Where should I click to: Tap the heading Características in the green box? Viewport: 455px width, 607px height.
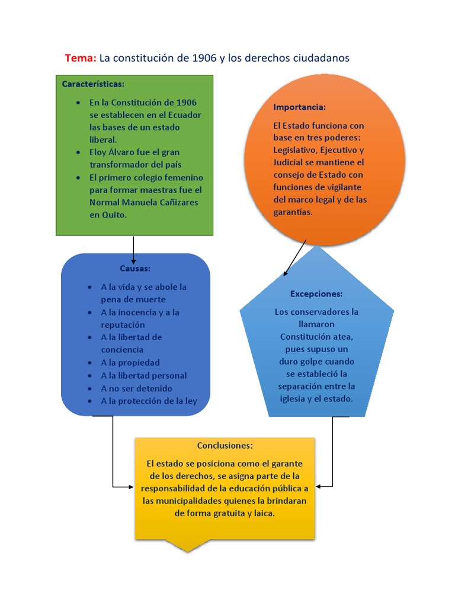[93, 84]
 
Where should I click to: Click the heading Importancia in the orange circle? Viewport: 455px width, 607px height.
[299, 107]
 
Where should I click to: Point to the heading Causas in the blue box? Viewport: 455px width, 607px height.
[135, 269]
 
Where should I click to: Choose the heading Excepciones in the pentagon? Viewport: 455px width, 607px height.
[316, 294]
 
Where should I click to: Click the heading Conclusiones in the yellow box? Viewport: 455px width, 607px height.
[225, 446]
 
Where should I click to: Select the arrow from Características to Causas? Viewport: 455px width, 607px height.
[134, 249]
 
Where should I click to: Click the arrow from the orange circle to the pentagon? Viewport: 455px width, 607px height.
[295, 258]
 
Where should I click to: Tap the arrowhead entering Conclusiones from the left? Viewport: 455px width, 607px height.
[131, 487]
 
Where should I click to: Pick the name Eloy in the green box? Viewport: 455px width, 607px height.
[98, 152]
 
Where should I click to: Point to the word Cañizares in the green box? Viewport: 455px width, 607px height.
[180, 203]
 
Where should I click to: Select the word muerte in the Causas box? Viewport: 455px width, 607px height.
[149, 299]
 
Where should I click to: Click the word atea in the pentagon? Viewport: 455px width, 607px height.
[344, 337]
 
